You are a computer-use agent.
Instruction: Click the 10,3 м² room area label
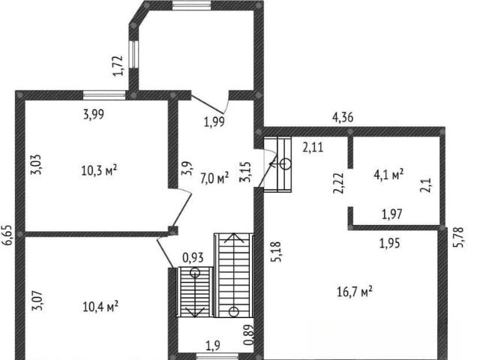100,170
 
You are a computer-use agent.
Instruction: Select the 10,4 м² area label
100,307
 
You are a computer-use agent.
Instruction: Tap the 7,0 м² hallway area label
214,178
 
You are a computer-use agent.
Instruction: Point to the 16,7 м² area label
355,291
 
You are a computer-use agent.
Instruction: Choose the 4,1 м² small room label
388,174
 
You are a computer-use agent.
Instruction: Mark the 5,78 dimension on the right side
460,237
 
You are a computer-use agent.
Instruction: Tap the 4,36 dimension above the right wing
343,117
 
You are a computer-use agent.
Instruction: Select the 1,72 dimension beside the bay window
118,66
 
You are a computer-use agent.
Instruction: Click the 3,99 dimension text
94,115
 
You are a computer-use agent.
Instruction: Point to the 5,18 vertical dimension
276,252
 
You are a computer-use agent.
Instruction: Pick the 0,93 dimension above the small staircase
193,258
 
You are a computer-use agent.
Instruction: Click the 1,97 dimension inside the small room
392,214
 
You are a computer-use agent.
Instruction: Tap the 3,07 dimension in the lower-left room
37,301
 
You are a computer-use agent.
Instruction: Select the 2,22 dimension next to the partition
339,183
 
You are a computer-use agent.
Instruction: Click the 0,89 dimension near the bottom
250,334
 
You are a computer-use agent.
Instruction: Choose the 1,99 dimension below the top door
214,121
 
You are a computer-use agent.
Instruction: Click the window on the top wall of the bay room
192,5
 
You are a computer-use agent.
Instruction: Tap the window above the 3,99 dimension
104,95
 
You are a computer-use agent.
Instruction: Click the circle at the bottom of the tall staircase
234,312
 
